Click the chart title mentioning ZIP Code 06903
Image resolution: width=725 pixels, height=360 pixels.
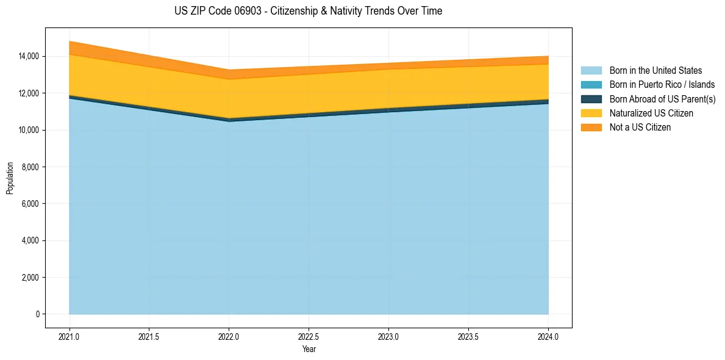(x=308, y=11)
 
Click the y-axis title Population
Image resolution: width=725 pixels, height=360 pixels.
(x=10, y=178)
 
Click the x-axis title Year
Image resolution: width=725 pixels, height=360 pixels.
(x=309, y=349)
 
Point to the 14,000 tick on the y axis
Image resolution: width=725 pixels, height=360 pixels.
(x=28, y=56)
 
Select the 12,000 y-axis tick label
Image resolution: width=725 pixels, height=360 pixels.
(x=28, y=93)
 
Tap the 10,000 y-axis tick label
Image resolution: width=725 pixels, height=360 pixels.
(x=28, y=130)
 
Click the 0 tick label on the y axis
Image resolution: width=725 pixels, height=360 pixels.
(x=37, y=314)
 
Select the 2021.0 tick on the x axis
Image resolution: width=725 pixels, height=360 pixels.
(x=70, y=336)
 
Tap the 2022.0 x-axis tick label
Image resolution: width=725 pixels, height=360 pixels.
(x=229, y=336)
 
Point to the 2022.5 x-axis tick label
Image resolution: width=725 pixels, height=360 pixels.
(x=309, y=336)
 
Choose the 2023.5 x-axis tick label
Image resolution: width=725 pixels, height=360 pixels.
(x=468, y=336)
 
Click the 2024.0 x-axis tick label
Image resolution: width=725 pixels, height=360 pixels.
(x=548, y=336)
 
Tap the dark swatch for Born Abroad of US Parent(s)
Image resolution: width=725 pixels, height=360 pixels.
(x=591, y=99)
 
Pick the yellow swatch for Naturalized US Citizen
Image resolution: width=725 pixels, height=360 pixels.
(x=591, y=113)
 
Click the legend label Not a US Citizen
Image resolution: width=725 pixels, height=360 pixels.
(x=640, y=128)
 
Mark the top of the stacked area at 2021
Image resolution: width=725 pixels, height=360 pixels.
(x=70, y=41)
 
